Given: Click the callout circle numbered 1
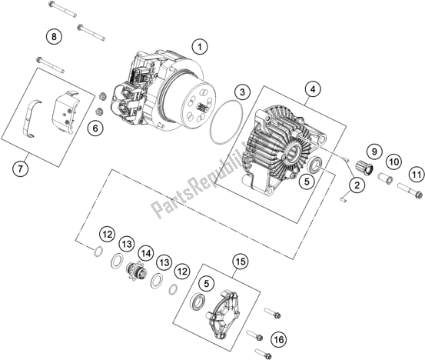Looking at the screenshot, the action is [x=200, y=47].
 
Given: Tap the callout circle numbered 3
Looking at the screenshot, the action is [x=242, y=92].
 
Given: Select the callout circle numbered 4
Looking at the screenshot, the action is [x=313, y=89].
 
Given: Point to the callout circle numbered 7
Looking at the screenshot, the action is [x=20, y=169].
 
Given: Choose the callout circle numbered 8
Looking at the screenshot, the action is [x=54, y=36].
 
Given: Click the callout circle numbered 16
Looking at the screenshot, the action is [x=279, y=340].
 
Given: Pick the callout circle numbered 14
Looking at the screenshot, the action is [x=145, y=254].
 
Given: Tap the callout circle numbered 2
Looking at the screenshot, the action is [x=357, y=185].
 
